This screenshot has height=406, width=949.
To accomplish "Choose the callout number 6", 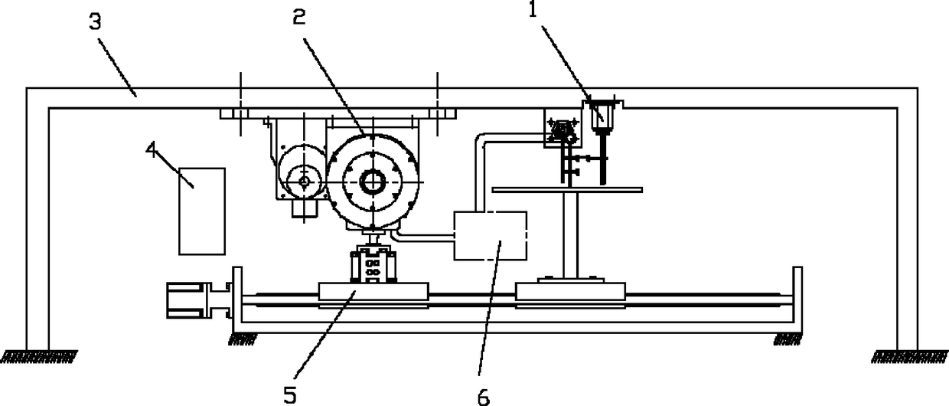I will (x=483, y=395).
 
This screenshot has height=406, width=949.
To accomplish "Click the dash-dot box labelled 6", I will (x=490, y=236).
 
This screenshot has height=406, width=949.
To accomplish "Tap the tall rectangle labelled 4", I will (x=202, y=211).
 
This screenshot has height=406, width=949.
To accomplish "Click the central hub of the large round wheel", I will (x=373, y=182).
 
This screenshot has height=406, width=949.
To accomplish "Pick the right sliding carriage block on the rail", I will (x=571, y=292).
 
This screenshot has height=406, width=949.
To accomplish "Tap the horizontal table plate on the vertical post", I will (x=567, y=188).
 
